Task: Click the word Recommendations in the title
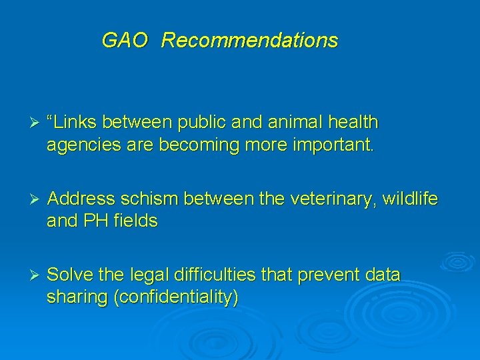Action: point(249,41)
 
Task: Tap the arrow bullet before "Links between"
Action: point(27,123)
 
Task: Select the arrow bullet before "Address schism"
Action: point(27,199)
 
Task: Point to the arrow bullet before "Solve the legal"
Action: point(27,275)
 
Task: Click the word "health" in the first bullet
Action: point(351,123)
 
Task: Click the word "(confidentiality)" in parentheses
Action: point(176,297)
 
